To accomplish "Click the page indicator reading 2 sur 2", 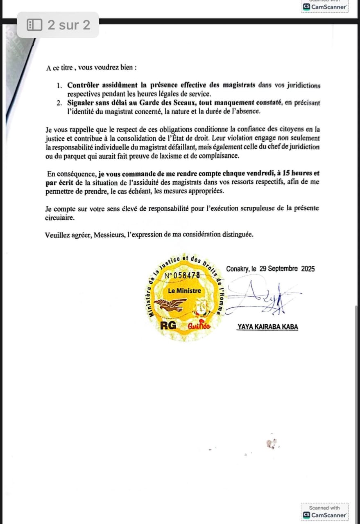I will (x=58, y=25).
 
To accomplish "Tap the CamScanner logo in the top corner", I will (x=325, y=7).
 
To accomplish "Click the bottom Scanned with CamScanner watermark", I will (x=325, y=512).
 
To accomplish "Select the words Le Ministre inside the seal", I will (x=185, y=291).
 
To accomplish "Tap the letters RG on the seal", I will (x=168, y=326).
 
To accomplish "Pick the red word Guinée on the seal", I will (x=199, y=326).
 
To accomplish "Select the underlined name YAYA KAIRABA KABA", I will (x=268, y=327).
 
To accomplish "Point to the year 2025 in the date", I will (x=308, y=269).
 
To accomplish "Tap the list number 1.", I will (x=60, y=86).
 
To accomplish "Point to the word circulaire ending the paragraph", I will (x=59, y=218).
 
